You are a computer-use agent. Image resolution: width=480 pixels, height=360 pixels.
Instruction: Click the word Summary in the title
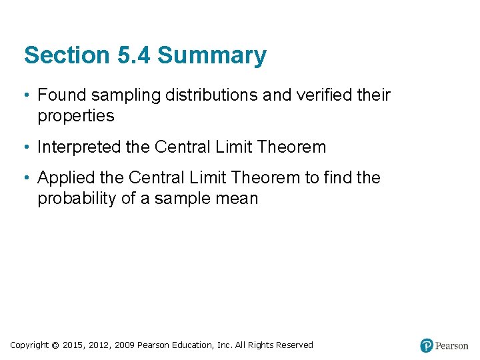point(211,55)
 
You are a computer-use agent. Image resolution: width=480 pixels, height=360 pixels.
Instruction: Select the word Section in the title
point(65,55)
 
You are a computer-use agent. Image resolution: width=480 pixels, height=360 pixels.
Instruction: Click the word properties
point(76,116)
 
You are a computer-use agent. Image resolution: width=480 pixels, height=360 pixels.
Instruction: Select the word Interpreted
point(80,147)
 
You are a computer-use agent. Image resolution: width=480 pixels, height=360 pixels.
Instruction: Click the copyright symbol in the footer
point(55,345)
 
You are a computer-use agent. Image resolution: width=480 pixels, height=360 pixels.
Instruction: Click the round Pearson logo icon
point(427,345)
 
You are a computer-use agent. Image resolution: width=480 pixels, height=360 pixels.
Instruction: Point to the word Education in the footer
point(193,345)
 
